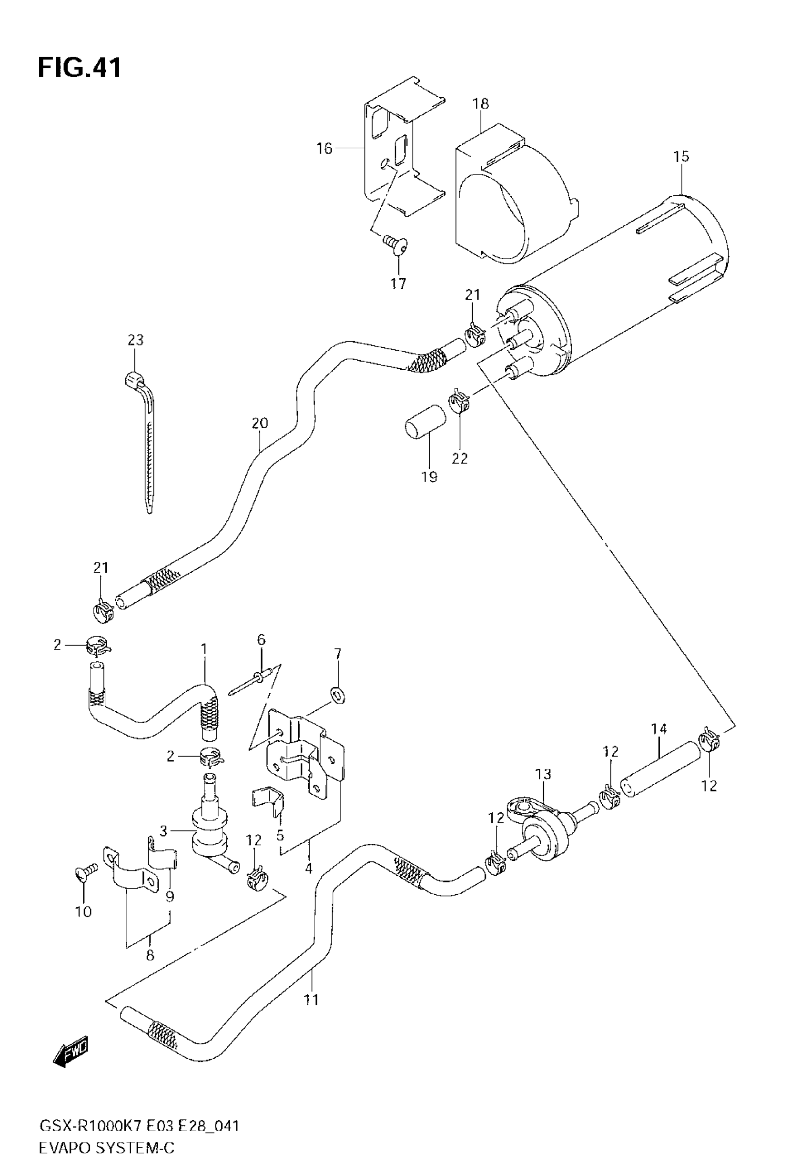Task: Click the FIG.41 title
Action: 80,68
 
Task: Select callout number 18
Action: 480,103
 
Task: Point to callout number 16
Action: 324,148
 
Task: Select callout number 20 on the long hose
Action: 259,423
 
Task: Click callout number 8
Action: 150,955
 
